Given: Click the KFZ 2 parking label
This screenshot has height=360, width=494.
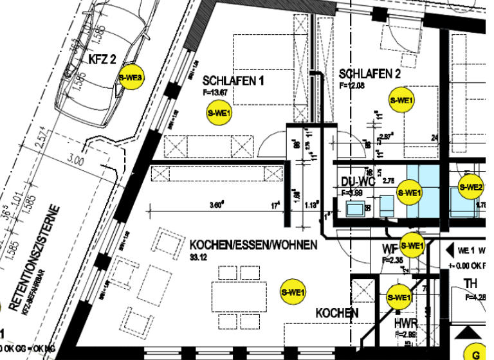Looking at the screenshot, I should [102, 60].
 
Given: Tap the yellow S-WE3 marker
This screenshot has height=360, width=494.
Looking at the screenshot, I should [131, 78].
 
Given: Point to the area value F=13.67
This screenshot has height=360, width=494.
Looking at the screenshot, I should [215, 93].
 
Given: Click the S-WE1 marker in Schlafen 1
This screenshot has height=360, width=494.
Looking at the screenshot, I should [219, 113].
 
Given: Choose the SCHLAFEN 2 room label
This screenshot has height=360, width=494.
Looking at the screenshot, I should [370, 75].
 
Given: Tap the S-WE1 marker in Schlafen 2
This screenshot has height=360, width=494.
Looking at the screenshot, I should [402, 100].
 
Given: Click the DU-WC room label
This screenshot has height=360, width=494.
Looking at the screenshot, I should [357, 182].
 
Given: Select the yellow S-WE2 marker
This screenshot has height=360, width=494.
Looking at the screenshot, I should [470, 187].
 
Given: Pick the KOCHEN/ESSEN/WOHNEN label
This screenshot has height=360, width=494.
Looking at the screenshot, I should [253, 245].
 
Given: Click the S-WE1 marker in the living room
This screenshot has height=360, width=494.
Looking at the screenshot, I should [292, 292].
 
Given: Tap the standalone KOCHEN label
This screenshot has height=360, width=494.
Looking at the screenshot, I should [336, 313].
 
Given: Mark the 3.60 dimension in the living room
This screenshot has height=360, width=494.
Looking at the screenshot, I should [217, 206].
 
